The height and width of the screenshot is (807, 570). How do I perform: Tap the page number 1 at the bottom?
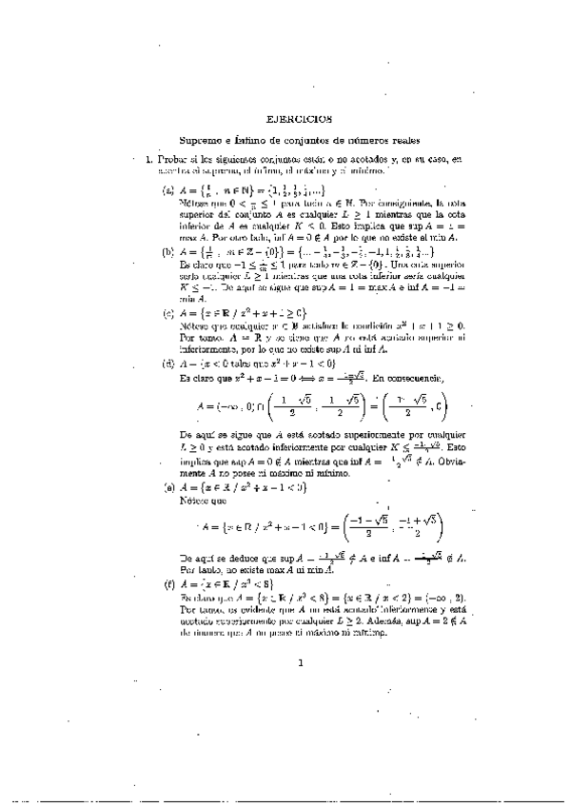[x=299, y=663]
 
